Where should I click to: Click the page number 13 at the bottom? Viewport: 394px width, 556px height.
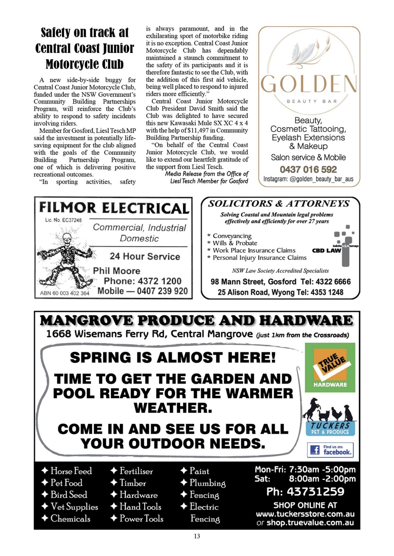tap(197, 536)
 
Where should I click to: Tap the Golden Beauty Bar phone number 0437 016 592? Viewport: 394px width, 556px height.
tap(308, 169)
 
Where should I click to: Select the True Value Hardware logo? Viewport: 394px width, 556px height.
tap(330, 367)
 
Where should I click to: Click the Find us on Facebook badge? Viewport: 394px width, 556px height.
tap(330, 450)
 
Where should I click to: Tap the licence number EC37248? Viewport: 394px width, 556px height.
tap(72, 220)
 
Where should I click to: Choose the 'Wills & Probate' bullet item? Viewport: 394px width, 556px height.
tap(235, 243)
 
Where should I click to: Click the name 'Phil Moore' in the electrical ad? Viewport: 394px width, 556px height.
tap(116, 271)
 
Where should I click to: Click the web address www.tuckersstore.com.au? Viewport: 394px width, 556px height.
tap(305, 514)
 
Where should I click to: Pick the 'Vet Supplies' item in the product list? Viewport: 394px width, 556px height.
tap(74, 506)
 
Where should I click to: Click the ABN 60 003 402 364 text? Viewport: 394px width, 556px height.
tap(65, 293)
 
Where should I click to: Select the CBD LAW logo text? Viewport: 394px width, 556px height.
tap(326, 250)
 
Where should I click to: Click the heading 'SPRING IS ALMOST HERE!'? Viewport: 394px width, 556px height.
tap(173, 357)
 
